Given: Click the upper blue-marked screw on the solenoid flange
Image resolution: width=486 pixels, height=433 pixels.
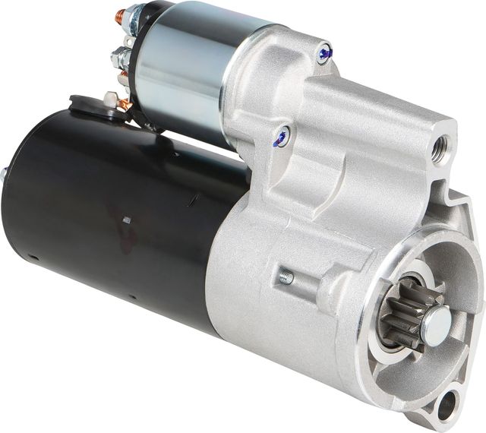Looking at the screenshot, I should click(x=325, y=53).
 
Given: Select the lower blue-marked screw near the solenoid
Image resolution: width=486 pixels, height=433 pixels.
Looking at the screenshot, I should click(x=281, y=137).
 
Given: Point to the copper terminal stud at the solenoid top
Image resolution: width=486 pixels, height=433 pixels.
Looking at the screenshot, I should click(x=120, y=15).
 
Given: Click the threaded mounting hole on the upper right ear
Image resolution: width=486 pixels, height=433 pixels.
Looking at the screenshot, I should click(x=439, y=150).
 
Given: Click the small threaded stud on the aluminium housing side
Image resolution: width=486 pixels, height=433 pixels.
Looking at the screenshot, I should click(x=286, y=278).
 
